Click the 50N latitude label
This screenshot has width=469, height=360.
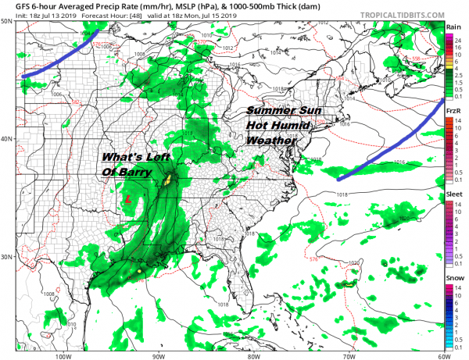point(7,21)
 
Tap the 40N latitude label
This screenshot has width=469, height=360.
point(7,139)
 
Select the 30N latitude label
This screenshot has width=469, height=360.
point(7,257)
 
